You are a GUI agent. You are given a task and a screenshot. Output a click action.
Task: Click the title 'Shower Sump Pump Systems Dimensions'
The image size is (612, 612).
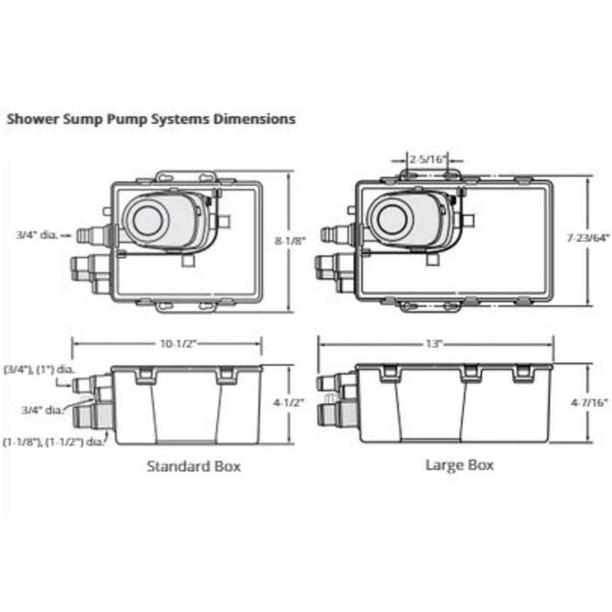150,117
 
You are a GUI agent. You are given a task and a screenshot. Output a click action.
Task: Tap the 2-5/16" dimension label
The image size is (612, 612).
428,159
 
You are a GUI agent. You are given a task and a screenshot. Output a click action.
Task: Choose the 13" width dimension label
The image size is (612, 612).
435,344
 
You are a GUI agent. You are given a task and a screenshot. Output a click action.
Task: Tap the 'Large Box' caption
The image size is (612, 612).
459,464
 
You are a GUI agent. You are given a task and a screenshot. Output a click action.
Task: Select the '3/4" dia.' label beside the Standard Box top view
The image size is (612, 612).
36,234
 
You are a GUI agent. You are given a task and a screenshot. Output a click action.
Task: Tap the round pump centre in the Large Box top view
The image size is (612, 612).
389,219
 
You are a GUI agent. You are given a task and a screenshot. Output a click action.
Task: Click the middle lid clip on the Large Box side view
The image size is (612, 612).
471,373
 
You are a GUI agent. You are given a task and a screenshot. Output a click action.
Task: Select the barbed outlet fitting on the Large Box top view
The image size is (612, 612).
337,234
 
